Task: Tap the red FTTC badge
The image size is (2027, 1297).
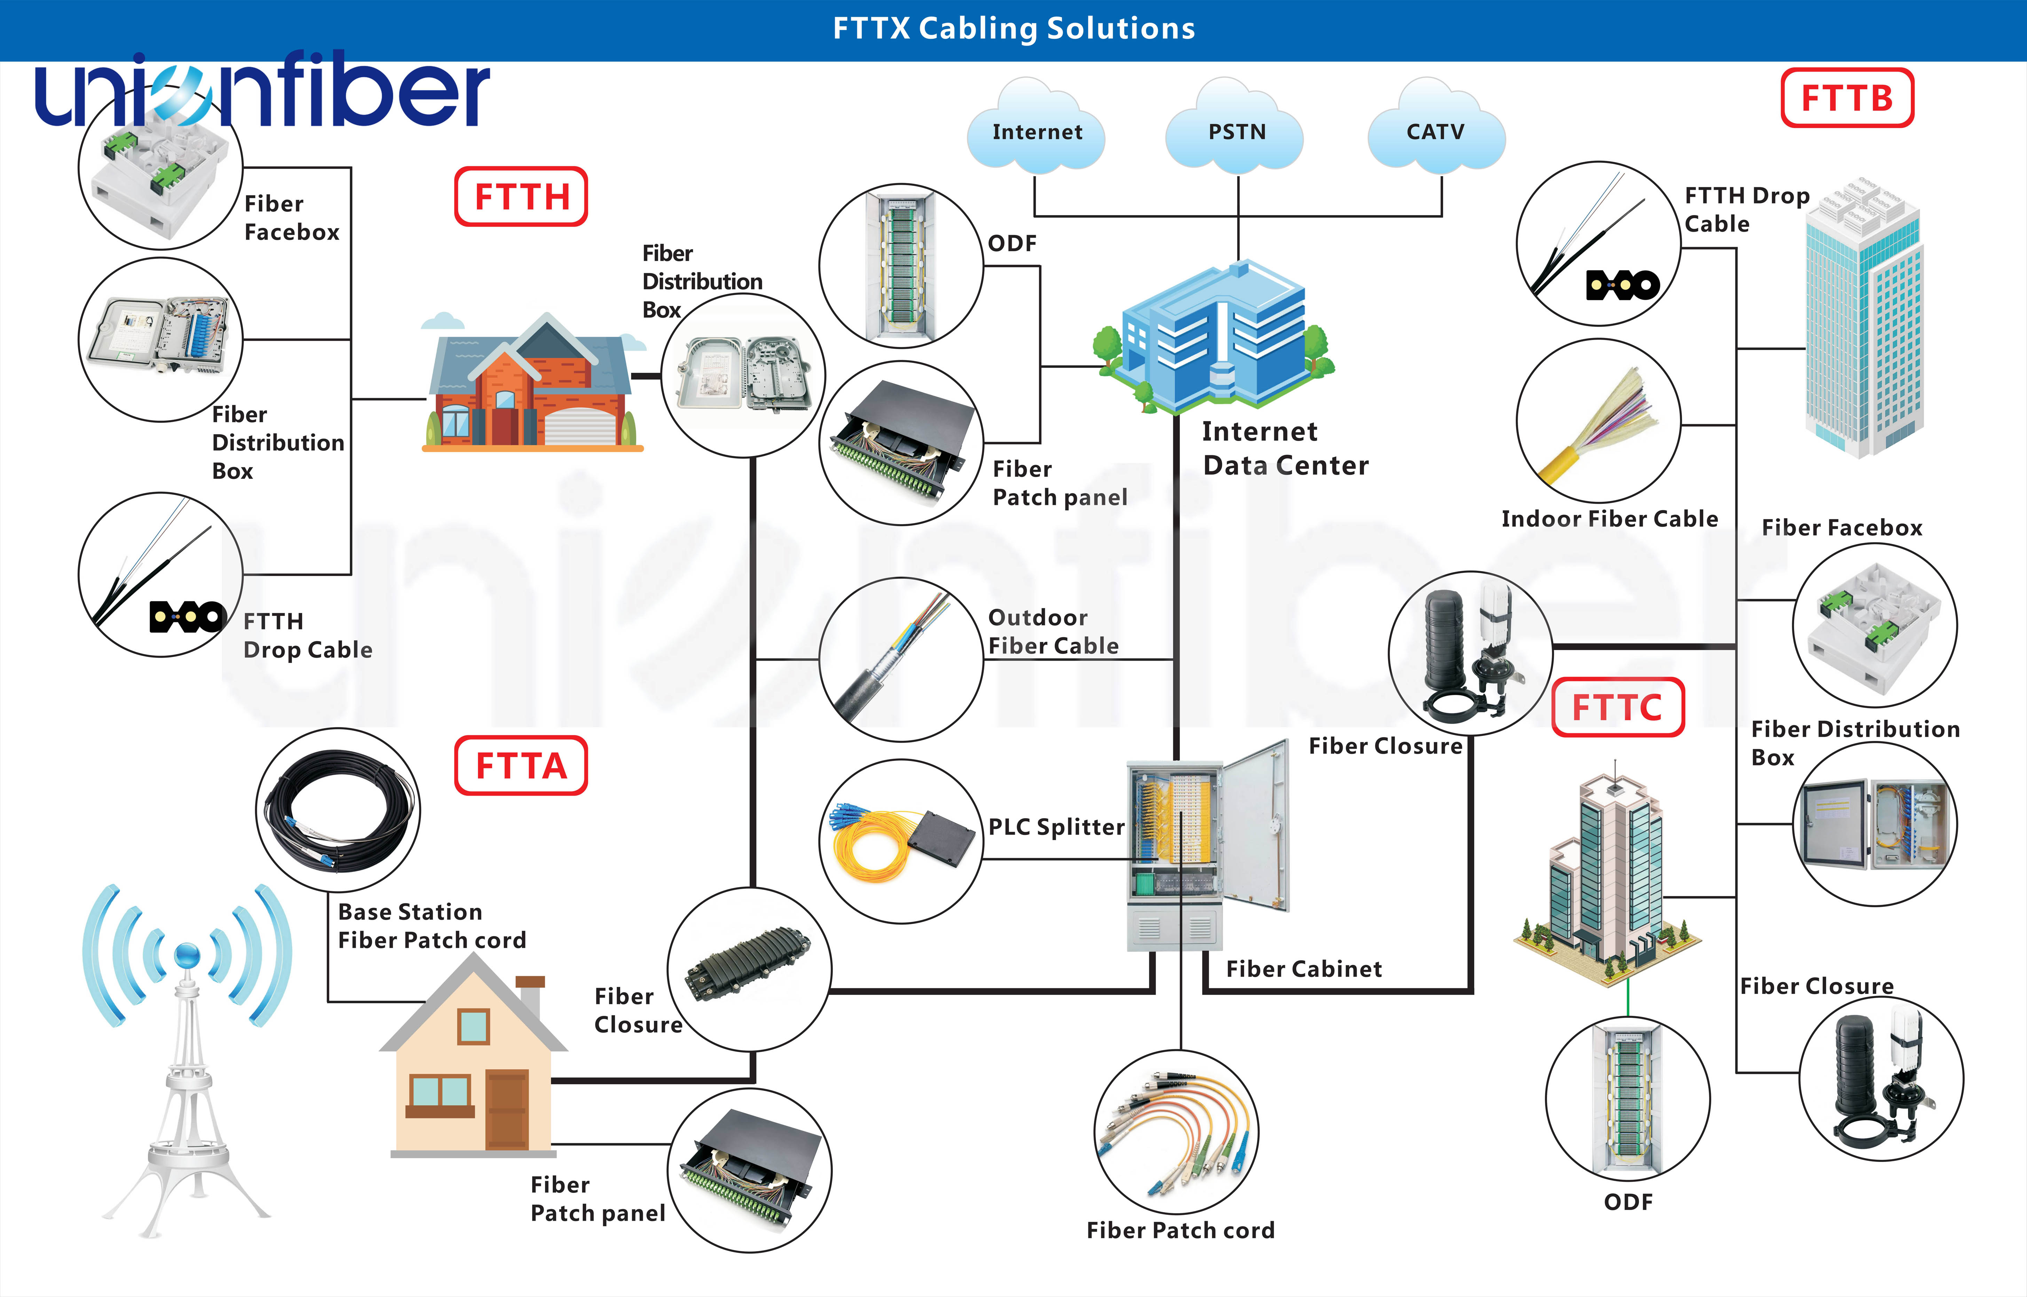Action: pos(1617,707)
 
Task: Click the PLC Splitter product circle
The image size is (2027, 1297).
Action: pos(901,841)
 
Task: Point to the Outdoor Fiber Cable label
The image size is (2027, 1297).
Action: pos(1053,632)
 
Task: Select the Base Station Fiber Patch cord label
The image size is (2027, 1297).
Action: pos(431,926)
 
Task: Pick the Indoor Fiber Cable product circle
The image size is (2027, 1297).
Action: pos(1598,421)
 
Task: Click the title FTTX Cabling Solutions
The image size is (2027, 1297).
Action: pos(1013,29)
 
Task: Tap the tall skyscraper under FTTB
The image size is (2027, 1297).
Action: pos(1863,320)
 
